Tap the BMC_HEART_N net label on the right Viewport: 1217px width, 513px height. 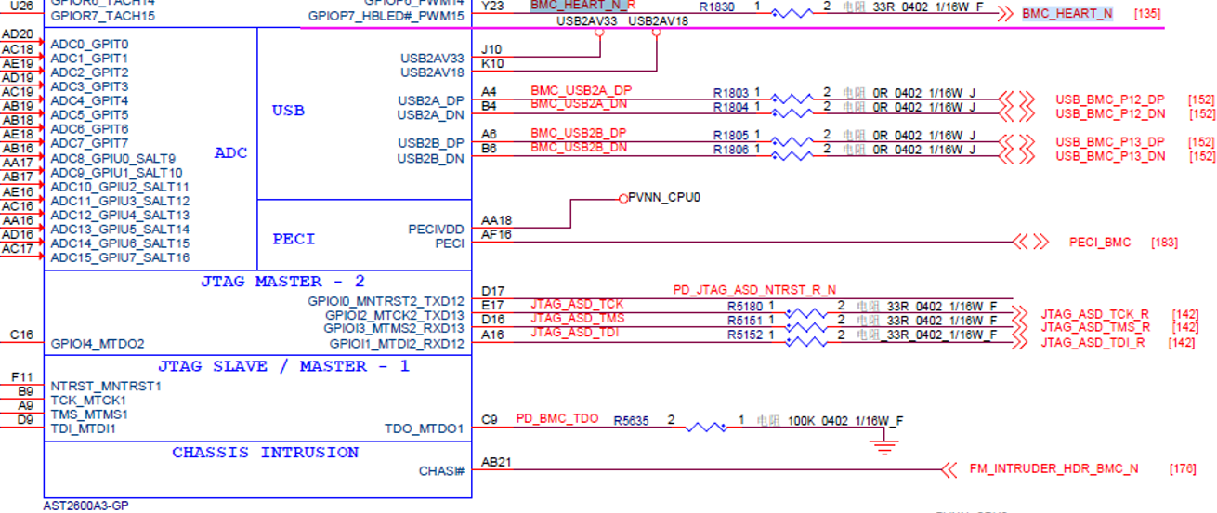pyautogui.click(x=1067, y=14)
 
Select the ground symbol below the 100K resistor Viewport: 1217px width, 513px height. pyautogui.click(x=886, y=448)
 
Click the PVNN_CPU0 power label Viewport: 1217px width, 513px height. pyautogui.click(x=663, y=198)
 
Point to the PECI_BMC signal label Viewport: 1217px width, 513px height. pyautogui.click(x=1100, y=243)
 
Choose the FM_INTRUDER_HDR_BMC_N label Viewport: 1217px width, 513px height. pyautogui.click(x=1053, y=468)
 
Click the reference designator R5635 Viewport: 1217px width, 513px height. pyautogui.click(x=631, y=420)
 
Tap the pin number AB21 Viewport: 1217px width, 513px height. pyautogui.click(x=497, y=462)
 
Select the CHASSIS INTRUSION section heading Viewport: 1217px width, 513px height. pyautogui.click(x=265, y=453)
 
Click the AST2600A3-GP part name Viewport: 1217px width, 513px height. pyautogui.click(x=85, y=506)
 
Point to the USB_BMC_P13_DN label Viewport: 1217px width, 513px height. pyautogui.click(x=1109, y=156)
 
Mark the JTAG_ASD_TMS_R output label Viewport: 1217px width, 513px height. pyautogui.click(x=1094, y=327)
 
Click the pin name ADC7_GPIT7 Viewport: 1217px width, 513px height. pyautogui.click(x=89, y=143)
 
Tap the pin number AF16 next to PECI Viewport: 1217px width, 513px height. pyautogui.click(x=496, y=235)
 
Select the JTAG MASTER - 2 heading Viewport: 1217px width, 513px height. pyautogui.click(x=282, y=282)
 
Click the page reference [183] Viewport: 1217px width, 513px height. pyautogui.click(x=1164, y=243)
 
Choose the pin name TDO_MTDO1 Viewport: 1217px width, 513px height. pyautogui.click(x=424, y=428)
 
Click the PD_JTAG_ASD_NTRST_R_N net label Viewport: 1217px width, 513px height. pyautogui.click(x=754, y=291)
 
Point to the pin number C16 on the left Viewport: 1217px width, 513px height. pyautogui.click(x=22, y=335)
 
